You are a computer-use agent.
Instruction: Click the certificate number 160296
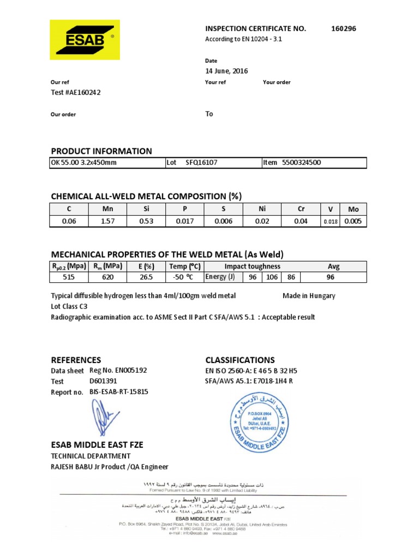[x=343, y=28]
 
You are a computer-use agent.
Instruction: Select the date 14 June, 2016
[x=226, y=71]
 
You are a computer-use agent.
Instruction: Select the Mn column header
[x=107, y=209]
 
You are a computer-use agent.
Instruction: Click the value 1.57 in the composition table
[x=107, y=221]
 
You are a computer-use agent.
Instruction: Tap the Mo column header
[x=353, y=209]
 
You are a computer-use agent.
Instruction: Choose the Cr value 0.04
[x=300, y=221]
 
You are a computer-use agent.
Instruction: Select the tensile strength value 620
[x=107, y=277]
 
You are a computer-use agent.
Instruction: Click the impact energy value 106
[x=272, y=277]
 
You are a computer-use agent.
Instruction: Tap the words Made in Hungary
[x=309, y=296]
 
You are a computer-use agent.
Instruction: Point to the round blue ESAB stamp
[x=257, y=421]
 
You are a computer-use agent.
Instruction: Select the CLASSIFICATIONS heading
[x=240, y=360]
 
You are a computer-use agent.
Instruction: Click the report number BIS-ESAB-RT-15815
[x=118, y=392]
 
